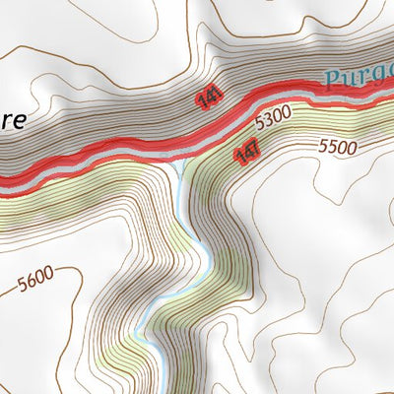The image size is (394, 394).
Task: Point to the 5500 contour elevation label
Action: click(x=338, y=147)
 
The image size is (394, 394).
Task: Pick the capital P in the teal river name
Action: click(x=332, y=78)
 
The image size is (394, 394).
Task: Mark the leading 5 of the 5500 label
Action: click(x=324, y=149)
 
